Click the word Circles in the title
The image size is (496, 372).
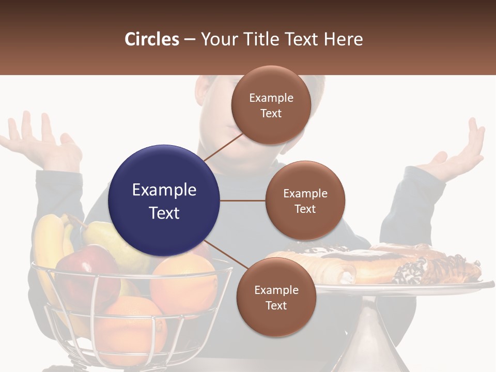pyautogui.click(x=152, y=39)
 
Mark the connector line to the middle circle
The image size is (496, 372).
pyautogui.click(x=243, y=200)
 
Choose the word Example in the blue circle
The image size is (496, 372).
pyautogui.click(x=164, y=190)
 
